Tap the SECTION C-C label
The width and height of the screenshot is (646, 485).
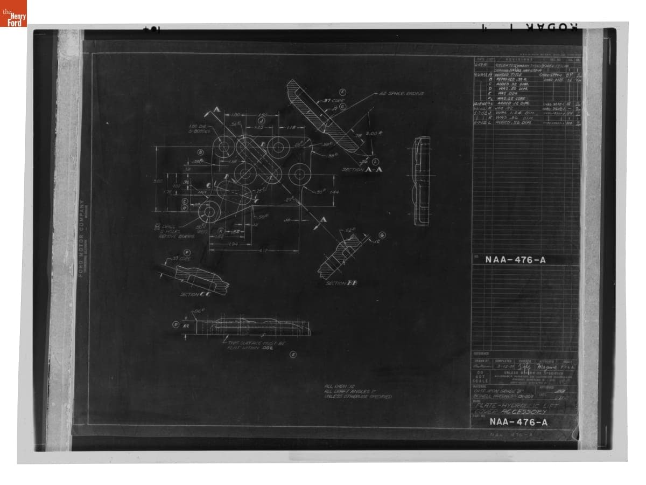(195, 294)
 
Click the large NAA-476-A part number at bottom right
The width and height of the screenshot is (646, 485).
(518, 422)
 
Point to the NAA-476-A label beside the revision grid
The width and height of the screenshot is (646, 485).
(515, 260)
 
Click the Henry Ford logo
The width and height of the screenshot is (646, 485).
(13, 13)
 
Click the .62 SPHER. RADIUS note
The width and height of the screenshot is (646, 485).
(402, 93)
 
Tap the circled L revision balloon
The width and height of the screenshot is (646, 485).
(376, 162)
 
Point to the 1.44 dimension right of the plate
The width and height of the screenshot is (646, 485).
(333, 192)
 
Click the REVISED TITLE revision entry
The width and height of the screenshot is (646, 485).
(509, 75)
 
